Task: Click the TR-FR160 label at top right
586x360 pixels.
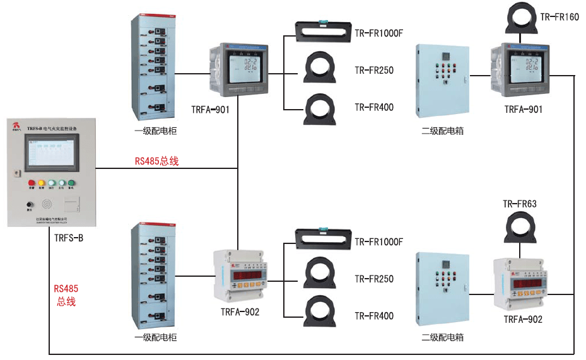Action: click(560, 17)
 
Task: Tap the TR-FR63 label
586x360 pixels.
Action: click(520, 204)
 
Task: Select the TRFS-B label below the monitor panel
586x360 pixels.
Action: click(69, 238)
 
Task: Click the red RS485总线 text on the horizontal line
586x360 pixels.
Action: click(157, 161)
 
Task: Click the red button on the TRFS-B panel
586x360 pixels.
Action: click(31, 183)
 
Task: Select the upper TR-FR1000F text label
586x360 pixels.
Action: click(378, 33)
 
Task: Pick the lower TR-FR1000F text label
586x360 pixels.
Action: click(378, 242)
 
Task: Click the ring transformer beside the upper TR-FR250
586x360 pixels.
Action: click(324, 68)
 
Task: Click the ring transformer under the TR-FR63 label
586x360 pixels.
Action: click(520, 227)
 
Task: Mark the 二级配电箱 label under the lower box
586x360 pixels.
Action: click(443, 337)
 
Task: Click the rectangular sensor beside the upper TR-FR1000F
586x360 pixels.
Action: click(324, 29)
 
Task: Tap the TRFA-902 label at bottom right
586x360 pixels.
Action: click(523, 320)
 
